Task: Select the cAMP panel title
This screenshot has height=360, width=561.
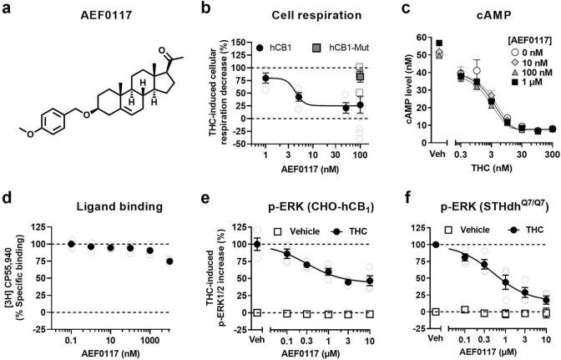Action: point(478,16)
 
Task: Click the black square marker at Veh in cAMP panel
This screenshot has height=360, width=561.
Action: point(439,43)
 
